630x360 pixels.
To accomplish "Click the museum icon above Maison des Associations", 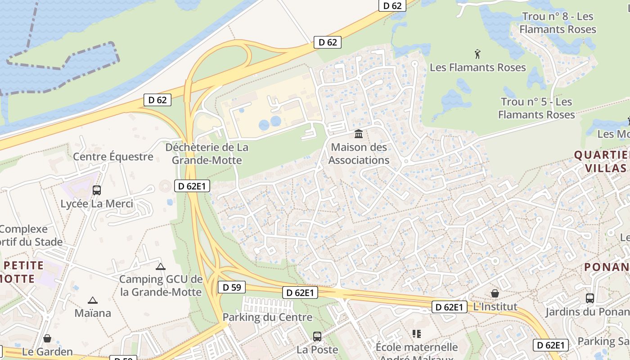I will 359,134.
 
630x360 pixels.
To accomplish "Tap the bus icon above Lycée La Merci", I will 97,190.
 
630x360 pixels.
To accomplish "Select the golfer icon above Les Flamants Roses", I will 477,54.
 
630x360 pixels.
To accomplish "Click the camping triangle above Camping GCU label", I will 161,266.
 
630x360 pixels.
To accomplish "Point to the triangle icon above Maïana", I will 93,300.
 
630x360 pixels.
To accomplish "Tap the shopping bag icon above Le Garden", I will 47,338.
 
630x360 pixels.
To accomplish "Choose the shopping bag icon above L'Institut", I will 495,293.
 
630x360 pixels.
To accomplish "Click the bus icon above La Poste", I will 317,336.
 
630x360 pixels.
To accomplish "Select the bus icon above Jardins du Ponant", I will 590,298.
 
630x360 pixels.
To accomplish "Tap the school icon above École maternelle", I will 417,334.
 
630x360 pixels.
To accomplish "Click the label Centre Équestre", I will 113,157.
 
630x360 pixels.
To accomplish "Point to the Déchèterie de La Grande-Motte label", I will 207,154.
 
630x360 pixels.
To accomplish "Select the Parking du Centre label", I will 267,317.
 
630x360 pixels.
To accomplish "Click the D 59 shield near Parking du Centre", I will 232,287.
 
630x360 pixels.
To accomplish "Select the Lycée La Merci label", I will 97,204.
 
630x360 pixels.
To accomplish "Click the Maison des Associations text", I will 359,153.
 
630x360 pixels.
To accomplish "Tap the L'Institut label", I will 495,307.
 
